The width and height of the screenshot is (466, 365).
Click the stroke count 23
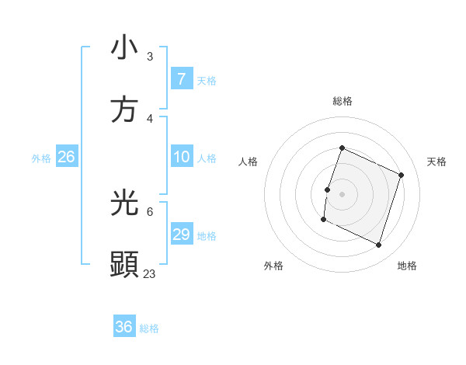[150, 273]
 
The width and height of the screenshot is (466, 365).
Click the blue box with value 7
[181, 79]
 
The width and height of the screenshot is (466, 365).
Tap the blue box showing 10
[181, 157]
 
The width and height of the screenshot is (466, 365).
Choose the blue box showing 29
[181, 235]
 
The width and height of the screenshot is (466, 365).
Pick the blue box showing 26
[66, 157]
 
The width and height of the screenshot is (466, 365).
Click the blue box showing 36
[123, 327]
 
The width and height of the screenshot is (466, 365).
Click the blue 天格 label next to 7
[206, 80]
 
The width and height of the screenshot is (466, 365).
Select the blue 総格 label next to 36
[149, 328]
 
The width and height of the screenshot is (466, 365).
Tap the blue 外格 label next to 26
[41, 158]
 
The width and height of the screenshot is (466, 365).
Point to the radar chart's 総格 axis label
[342, 101]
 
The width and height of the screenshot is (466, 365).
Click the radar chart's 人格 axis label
[248, 162]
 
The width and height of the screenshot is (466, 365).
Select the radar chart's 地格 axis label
[407, 266]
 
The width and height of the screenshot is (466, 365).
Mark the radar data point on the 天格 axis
[402, 175]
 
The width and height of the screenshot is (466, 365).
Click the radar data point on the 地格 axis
[378, 245]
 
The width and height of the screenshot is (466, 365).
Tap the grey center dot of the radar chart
[342, 193]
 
